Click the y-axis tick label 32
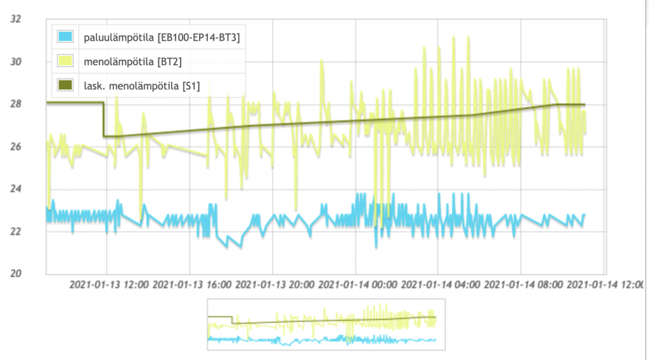tap(16, 19)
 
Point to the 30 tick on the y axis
tap(16, 61)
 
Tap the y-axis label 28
tap(16, 103)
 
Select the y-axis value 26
tap(16, 146)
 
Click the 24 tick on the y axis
tap(16, 188)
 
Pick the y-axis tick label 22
tap(16, 231)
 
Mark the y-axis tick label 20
tap(16, 273)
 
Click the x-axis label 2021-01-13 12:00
tap(110, 285)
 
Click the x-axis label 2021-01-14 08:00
tap(524, 285)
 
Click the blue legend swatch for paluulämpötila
tap(65, 37)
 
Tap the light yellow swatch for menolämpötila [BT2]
tap(65, 61)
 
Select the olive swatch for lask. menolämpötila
tap(65, 85)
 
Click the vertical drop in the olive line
tap(103, 119)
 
